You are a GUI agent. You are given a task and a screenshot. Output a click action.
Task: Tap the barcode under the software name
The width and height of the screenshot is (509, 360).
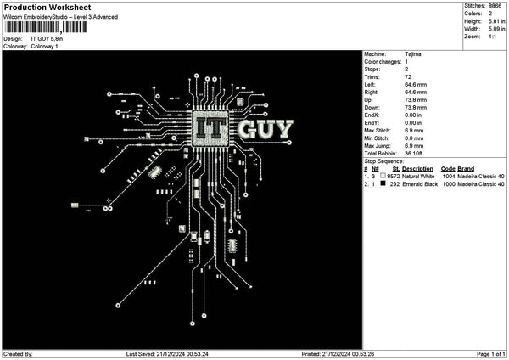click(x=45, y=27)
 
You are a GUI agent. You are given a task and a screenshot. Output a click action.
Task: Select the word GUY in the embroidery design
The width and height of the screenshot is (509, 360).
click(x=266, y=130)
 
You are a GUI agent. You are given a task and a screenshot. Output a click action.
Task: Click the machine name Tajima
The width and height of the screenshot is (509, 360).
click(x=413, y=54)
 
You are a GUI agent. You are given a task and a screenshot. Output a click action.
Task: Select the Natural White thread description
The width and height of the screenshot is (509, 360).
click(x=419, y=176)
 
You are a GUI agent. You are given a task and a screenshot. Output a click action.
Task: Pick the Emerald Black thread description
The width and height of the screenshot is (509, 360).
click(x=420, y=183)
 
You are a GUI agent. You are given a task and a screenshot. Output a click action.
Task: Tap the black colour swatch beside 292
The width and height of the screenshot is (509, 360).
click(x=383, y=183)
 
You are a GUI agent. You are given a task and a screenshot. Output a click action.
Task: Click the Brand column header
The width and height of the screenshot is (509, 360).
click(x=466, y=168)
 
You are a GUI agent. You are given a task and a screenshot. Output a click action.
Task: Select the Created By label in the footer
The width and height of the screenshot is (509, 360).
click(x=18, y=354)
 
